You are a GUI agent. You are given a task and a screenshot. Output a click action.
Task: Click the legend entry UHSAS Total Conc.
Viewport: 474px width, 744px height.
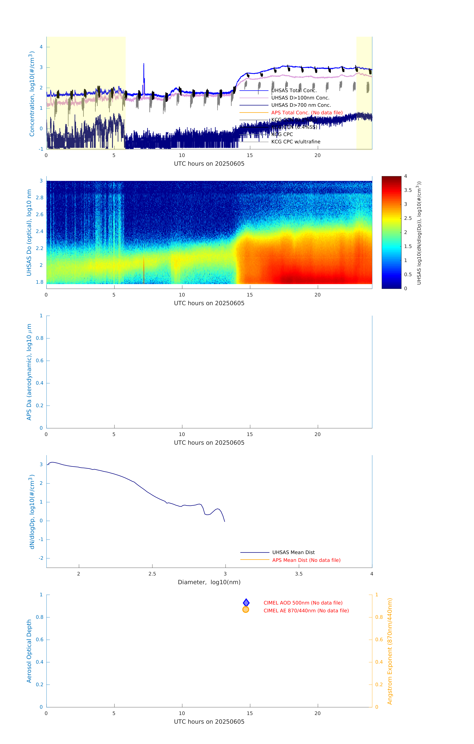(x=294, y=91)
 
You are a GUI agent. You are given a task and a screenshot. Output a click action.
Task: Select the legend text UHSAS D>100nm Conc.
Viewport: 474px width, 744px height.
(x=300, y=98)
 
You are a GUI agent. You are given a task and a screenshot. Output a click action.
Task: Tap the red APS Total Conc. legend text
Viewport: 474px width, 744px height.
(x=307, y=113)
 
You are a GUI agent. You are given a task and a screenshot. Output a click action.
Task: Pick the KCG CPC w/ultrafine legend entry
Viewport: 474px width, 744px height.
(x=296, y=142)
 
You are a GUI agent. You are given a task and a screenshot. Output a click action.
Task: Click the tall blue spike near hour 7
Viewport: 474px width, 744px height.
(x=144, y=65)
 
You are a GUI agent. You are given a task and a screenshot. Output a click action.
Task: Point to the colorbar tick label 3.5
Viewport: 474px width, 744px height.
(x=408, y=190)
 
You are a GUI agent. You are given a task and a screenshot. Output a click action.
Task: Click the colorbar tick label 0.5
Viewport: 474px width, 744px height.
(x=408, y=274)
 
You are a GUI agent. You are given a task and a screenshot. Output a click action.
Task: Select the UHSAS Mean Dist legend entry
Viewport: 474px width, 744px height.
(x=293, y=552)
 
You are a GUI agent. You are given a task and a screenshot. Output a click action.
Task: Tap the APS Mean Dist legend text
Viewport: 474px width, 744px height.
(x=306, y=560)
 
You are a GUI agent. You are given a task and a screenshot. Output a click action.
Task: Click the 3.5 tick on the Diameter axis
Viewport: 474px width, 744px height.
(x=299, y=574)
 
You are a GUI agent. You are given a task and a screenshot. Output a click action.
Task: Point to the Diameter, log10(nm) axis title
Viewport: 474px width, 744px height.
(x=209, y=582)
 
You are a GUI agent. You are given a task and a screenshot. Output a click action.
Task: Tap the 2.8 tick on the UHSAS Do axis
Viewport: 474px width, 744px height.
(x=40, y=198)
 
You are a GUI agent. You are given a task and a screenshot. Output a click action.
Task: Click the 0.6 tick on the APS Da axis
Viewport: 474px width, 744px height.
(x=40, y=361)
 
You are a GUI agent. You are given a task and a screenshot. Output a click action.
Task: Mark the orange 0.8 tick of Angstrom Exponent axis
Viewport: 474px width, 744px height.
(x=379, y=617)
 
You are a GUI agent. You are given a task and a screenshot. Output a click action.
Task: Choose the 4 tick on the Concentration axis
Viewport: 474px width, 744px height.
(x=41, y=47)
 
